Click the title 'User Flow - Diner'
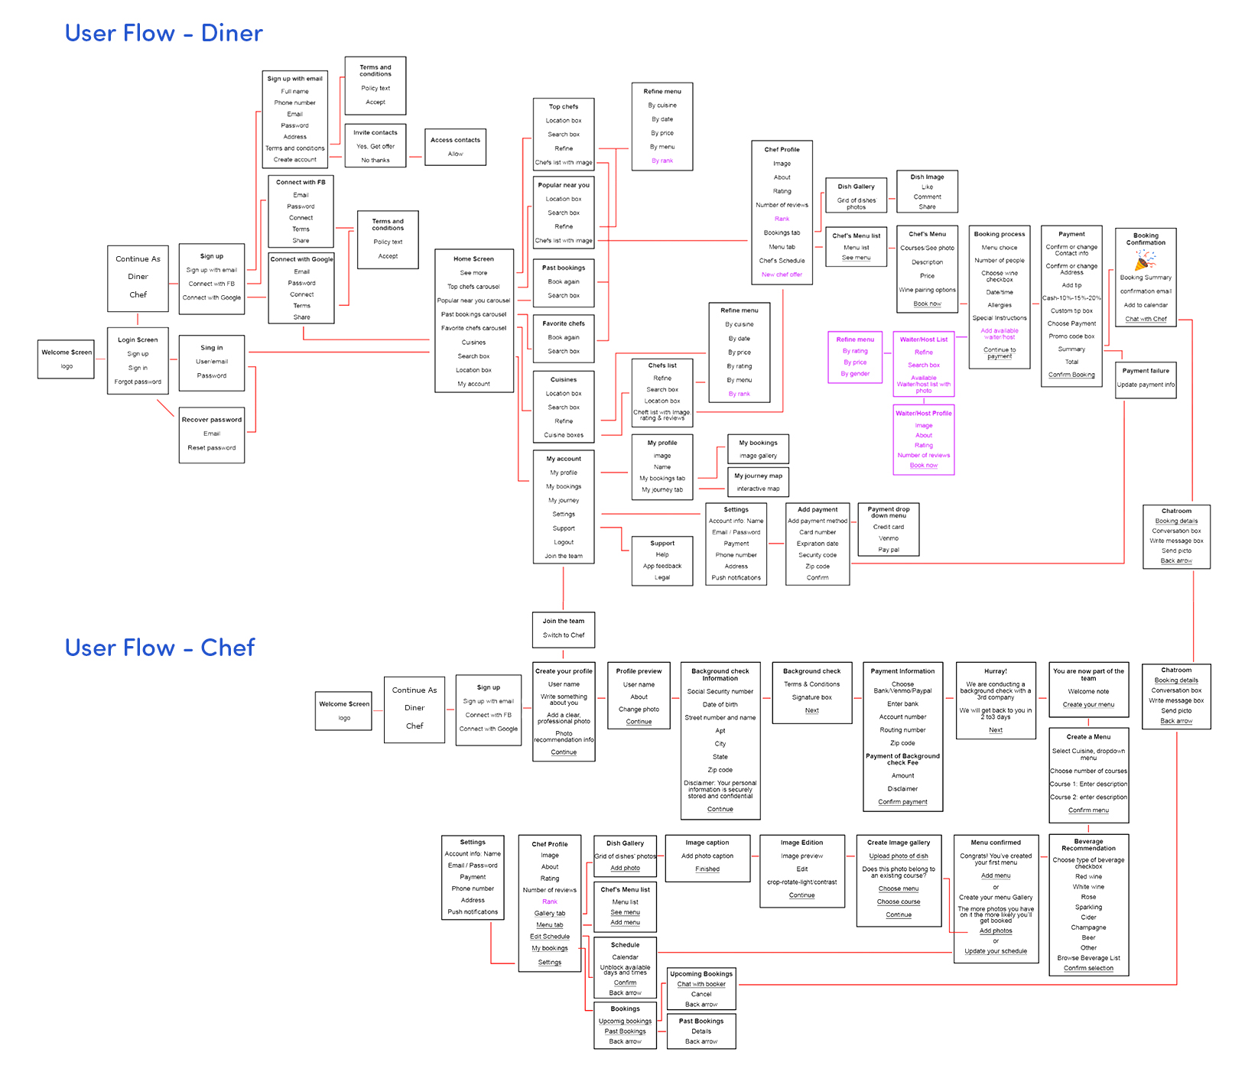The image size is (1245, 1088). point(164,33)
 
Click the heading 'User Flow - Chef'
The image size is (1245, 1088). point(160,648)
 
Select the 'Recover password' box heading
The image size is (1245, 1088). point(212,420)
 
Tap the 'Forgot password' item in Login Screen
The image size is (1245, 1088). point(138,382)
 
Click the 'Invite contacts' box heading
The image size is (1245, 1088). point(375,133)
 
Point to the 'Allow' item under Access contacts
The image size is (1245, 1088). point(456,154)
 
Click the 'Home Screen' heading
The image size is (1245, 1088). point(473,259)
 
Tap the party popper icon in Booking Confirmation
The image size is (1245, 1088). point(1145,260)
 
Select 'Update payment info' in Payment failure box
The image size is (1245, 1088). point(1146,385)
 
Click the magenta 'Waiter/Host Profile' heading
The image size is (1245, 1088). point(924,414)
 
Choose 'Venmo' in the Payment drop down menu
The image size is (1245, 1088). point(889,538)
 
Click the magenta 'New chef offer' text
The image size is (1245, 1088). point(782,274)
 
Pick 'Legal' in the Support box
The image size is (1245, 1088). point(662,577)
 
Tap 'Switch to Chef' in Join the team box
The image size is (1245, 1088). point(564,635)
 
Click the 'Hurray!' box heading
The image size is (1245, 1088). point(996,671)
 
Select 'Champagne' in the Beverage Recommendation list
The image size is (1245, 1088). point(1088,927)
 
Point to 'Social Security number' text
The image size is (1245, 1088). point(720,691)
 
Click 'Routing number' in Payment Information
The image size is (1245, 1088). point(902,730)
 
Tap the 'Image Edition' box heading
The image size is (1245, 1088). point(802,843)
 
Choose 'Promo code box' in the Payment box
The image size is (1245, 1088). point(1071,336)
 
